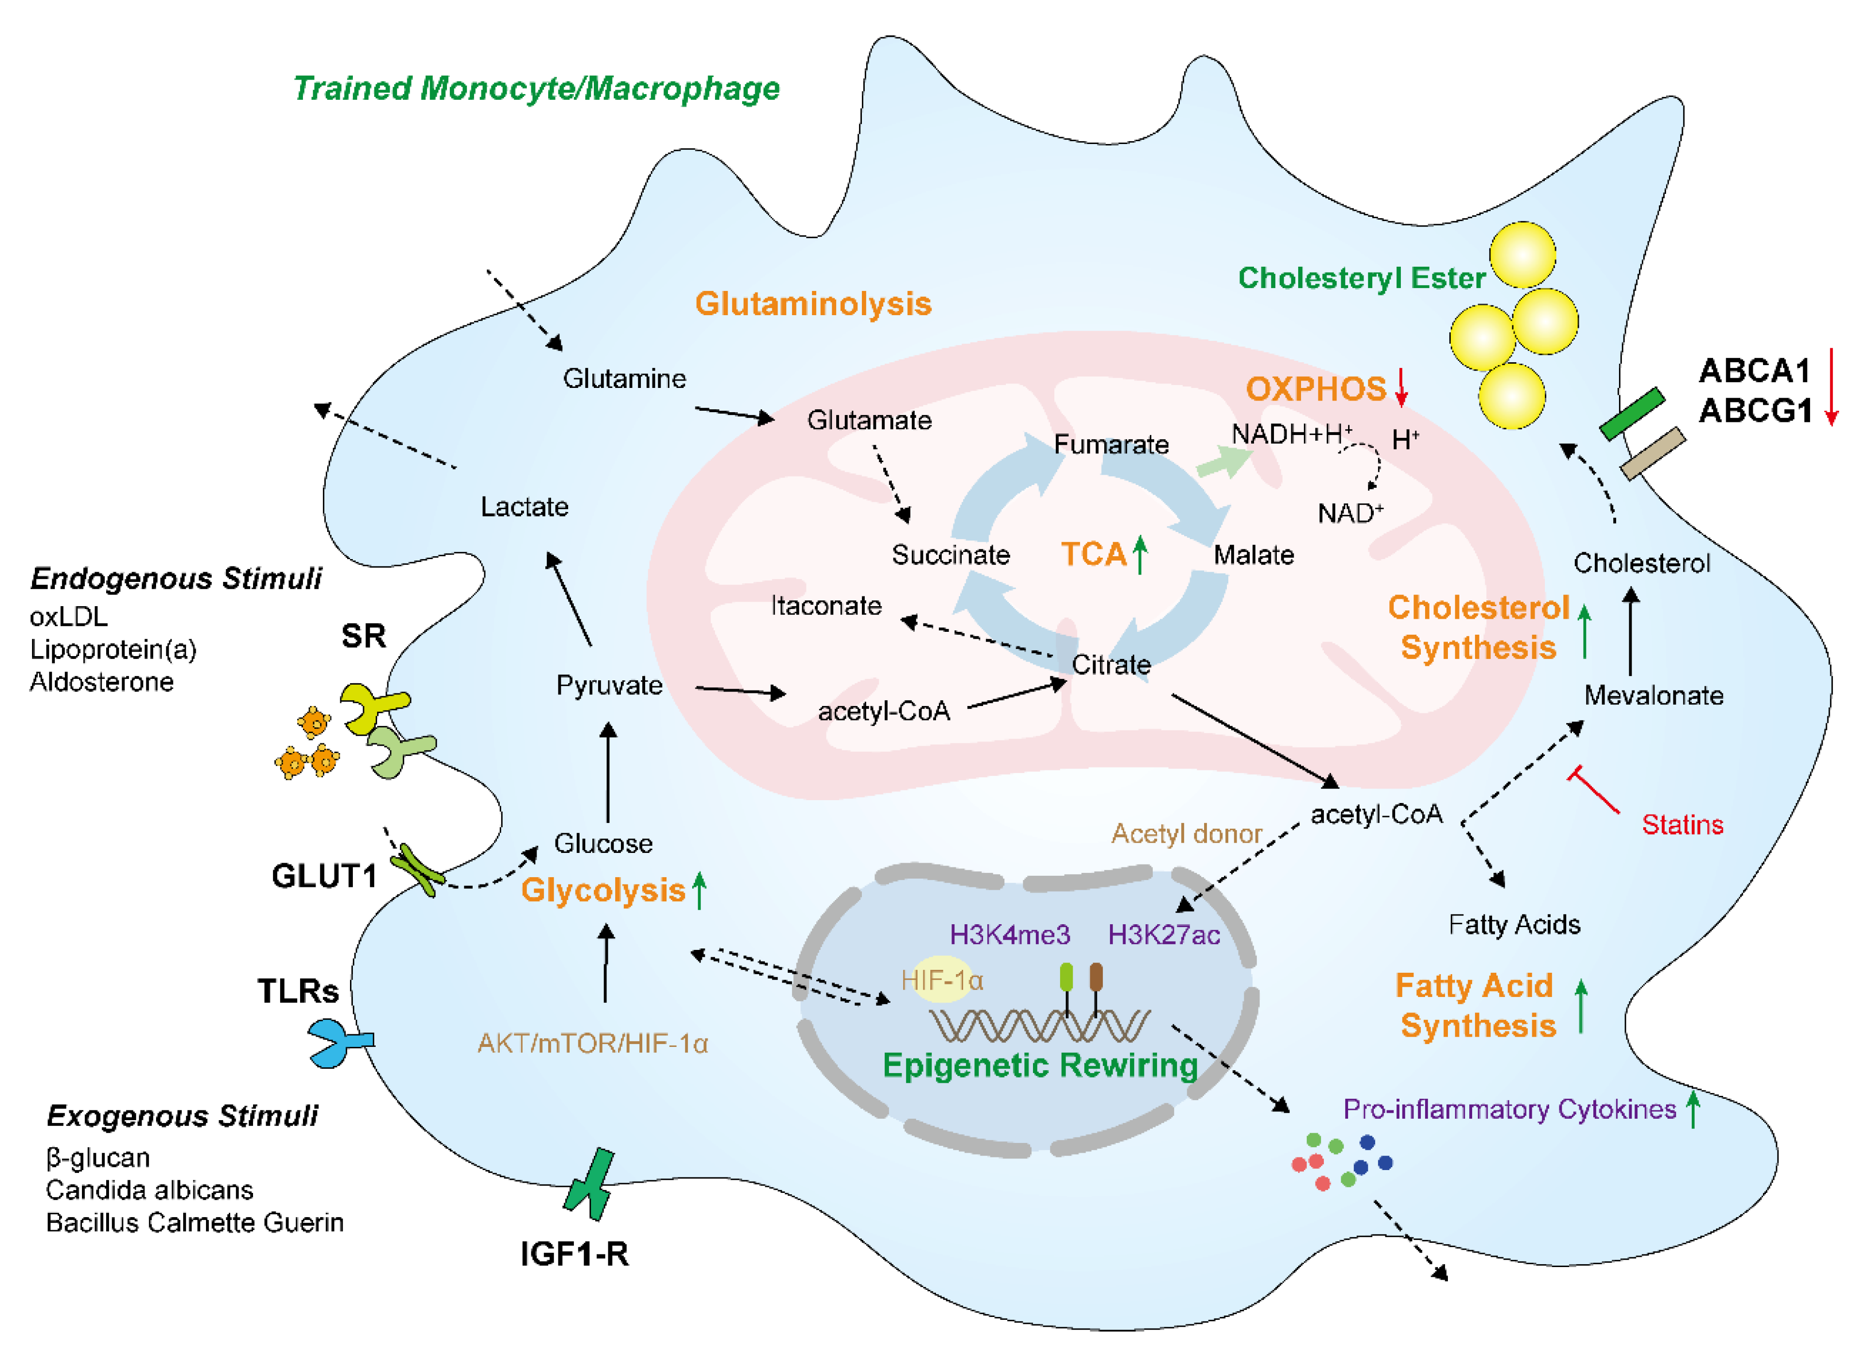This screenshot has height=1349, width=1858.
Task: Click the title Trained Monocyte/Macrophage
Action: click(537, 89)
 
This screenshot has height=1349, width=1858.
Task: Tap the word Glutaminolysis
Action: click(813, 304)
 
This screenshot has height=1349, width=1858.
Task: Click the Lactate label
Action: click(524, 507)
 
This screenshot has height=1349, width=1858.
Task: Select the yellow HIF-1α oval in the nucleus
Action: click(942, 980)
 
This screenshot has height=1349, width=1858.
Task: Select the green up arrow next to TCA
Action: click(1140, 554)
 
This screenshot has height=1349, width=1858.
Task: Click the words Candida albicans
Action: click(149, 1190)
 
